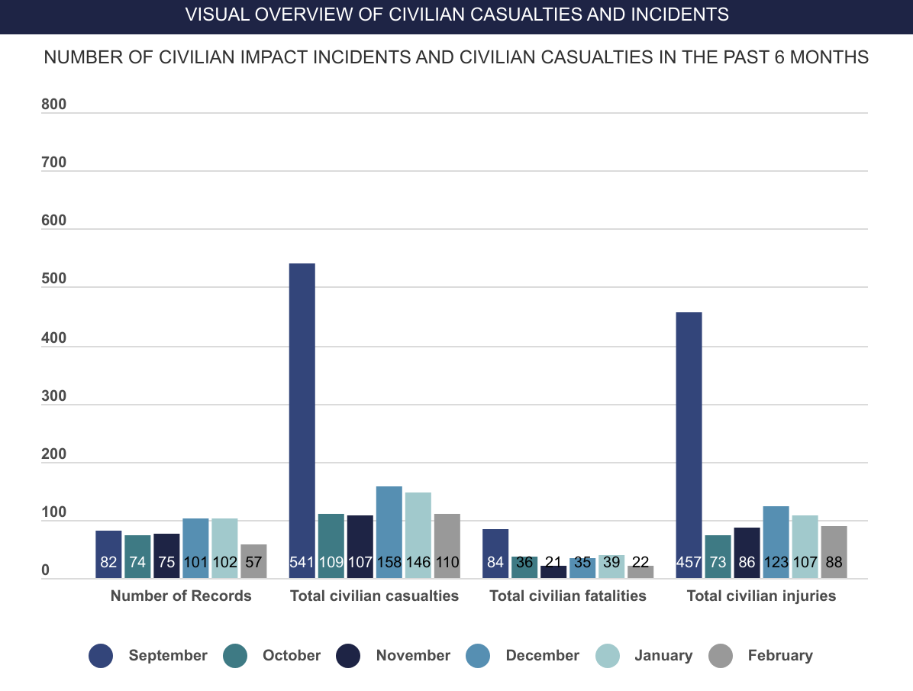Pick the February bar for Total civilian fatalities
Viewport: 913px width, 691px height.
tap(640, 571)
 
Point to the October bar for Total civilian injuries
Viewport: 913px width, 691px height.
tap(718, 548)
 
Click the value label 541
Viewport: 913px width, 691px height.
tap(302, 563)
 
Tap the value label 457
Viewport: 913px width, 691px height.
tap(689, 563)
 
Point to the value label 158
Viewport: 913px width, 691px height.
tap(389, 563)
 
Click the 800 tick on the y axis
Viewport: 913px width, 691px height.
tap(54, 105)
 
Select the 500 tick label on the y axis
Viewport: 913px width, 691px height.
tap(54, 279)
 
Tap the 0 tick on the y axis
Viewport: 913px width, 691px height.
tap(45, 570)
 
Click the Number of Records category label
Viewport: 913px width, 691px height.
tap(181, 596)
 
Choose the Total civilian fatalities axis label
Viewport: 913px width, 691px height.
tap(568, 596)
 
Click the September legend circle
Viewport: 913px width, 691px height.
tap(101, 655)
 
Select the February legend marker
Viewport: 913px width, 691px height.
tap(720, 655)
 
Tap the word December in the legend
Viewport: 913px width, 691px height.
tap(542, 655)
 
